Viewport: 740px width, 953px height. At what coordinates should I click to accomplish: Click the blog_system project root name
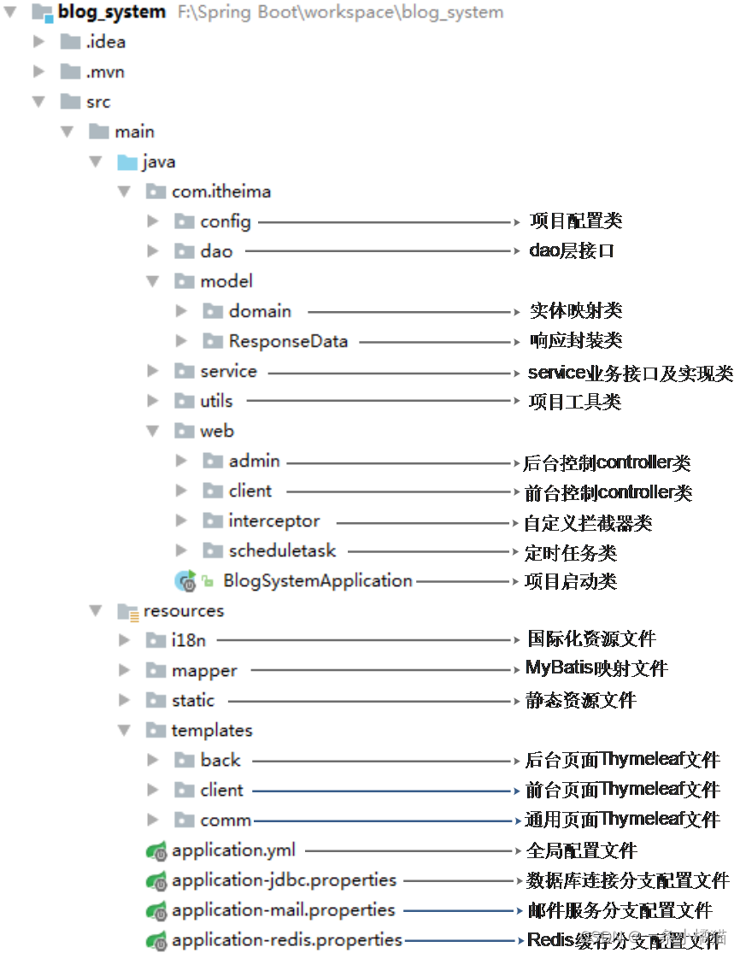point(112,12)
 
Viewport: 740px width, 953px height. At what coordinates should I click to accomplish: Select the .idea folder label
point(106,42)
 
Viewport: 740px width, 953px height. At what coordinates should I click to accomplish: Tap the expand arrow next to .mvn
point(38,72)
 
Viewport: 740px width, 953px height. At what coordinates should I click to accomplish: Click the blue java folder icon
point(127,162)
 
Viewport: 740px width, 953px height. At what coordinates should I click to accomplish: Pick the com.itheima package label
point(221,191)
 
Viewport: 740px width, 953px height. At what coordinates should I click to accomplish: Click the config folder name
point(226,221)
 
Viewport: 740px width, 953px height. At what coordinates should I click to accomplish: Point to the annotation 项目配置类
point(576,221)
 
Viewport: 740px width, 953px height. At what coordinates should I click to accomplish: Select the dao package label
point(216,251)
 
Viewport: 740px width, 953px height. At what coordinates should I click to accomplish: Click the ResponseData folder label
point(288,341)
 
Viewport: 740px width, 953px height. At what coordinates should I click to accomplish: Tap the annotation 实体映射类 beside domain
point(576,311)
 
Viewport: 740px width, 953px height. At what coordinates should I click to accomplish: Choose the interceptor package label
point(274,521)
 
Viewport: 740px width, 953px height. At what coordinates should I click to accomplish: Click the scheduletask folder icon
point(213,550)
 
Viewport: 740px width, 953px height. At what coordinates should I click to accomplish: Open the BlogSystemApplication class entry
point(318,580)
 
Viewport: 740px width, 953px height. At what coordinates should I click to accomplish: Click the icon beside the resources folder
point(127,611)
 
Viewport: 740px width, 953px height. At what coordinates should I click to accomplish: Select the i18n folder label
point(189,640)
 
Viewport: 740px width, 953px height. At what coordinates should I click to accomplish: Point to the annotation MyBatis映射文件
point(596,668)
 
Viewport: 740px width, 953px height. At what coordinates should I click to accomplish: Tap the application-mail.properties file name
point(283,909)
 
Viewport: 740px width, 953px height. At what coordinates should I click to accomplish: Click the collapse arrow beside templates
point(125,730)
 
